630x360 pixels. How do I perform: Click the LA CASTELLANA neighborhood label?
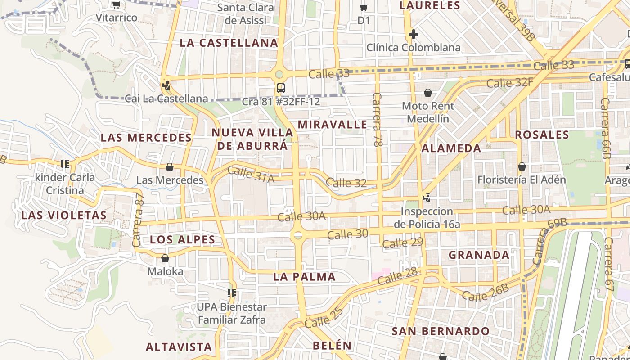229,43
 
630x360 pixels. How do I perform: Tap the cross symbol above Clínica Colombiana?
413,34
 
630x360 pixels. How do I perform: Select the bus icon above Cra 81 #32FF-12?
281,88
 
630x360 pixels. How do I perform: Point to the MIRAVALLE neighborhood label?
333,124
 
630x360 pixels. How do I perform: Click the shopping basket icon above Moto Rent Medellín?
428,93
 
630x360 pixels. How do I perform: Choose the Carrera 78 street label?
377,119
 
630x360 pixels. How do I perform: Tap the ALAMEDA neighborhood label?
451,148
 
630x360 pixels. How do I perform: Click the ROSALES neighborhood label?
542,135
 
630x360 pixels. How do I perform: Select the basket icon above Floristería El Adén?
522,167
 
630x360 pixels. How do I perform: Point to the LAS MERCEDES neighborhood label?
146,138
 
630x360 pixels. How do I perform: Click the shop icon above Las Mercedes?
170,167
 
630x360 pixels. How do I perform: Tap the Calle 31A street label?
251,175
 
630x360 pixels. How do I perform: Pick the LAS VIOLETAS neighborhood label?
64,215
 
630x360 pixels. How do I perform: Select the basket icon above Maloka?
165,259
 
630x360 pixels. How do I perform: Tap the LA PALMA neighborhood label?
304,277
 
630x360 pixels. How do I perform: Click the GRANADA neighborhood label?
479,255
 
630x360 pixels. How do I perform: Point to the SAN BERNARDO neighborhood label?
441,331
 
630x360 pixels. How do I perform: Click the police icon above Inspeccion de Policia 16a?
427,198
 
